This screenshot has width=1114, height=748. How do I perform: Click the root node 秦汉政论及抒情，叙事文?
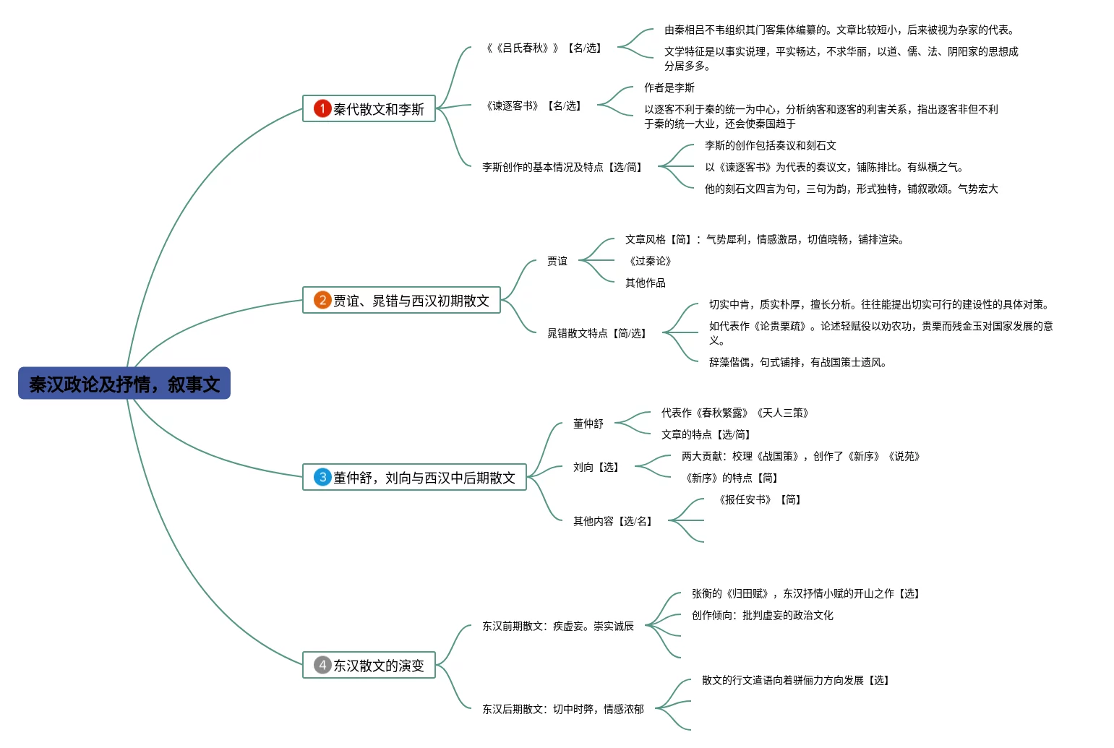[x=124, y=384]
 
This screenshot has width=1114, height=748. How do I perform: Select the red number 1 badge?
[x=322, y=108]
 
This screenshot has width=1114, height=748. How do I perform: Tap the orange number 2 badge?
[x=322, y=300]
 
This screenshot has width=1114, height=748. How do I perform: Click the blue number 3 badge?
[x=322, y=477]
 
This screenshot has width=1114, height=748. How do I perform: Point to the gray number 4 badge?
[x=322, y=665]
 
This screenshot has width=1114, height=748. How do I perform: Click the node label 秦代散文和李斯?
[x=379, y=109]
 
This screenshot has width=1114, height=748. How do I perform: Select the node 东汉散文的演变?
[x=379, y=666]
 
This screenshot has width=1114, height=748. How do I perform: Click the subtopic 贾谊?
[x=557, y=261]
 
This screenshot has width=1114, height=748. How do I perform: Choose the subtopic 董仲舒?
[x=588, y=424]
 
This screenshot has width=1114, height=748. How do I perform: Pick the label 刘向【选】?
[x=596, y=467]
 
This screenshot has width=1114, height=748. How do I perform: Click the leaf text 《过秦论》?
[x=650, y=261]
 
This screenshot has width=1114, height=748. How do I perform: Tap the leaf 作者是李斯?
[x=669, y=87]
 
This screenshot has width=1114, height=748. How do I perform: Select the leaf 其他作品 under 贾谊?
[x=646, y=283]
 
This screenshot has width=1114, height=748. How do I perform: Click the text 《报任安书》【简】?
[x=760, y=499]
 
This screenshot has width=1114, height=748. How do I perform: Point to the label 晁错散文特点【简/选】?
[x=597, y=333]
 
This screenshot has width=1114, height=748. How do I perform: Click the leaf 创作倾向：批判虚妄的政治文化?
[x=763, y=615]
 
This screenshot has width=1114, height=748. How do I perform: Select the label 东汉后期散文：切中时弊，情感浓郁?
[x=563, y=709]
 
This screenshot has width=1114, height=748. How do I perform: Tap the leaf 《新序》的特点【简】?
[x=732, y=478]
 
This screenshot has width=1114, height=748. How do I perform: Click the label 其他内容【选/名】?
[x=613, y=521]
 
